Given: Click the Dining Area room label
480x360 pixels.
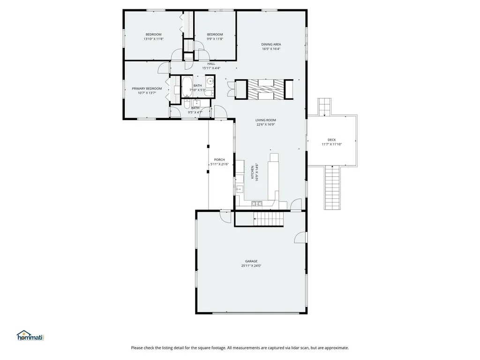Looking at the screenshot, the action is click(x=271, y=45).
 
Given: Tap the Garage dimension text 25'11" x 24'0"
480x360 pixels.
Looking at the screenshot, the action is click(x=251, y=266).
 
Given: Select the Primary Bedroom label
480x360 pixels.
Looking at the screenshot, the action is click(x=147, y=89).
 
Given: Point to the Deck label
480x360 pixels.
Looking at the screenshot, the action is click(x=331, y=140).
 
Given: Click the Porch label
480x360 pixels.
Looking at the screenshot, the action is click(x=219, y=160).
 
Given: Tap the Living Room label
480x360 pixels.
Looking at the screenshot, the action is click(x=266, y=120).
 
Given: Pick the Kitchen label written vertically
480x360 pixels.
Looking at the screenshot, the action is click(x=253, y=172).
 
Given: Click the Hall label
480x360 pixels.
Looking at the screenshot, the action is click(x=211, y=64).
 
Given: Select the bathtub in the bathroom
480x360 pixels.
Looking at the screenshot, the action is click(x=187, y=87).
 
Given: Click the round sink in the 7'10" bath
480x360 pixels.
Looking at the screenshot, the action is click(x=210, y=82).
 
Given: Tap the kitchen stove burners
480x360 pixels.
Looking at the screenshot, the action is click(x=257, y=203).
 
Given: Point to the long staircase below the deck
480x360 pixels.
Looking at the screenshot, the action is click(x=332, y=187).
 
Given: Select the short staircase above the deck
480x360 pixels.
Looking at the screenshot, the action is click(x=324, y=107).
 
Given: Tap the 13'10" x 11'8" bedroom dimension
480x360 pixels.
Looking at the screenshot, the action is click(x=153, y=39).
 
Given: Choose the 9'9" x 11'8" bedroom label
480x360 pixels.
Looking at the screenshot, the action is click(x=215, y=35).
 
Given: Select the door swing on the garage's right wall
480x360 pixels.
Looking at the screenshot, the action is click(x=300, y=238).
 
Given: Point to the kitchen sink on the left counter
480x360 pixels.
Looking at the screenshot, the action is click(x=240, y=189).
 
